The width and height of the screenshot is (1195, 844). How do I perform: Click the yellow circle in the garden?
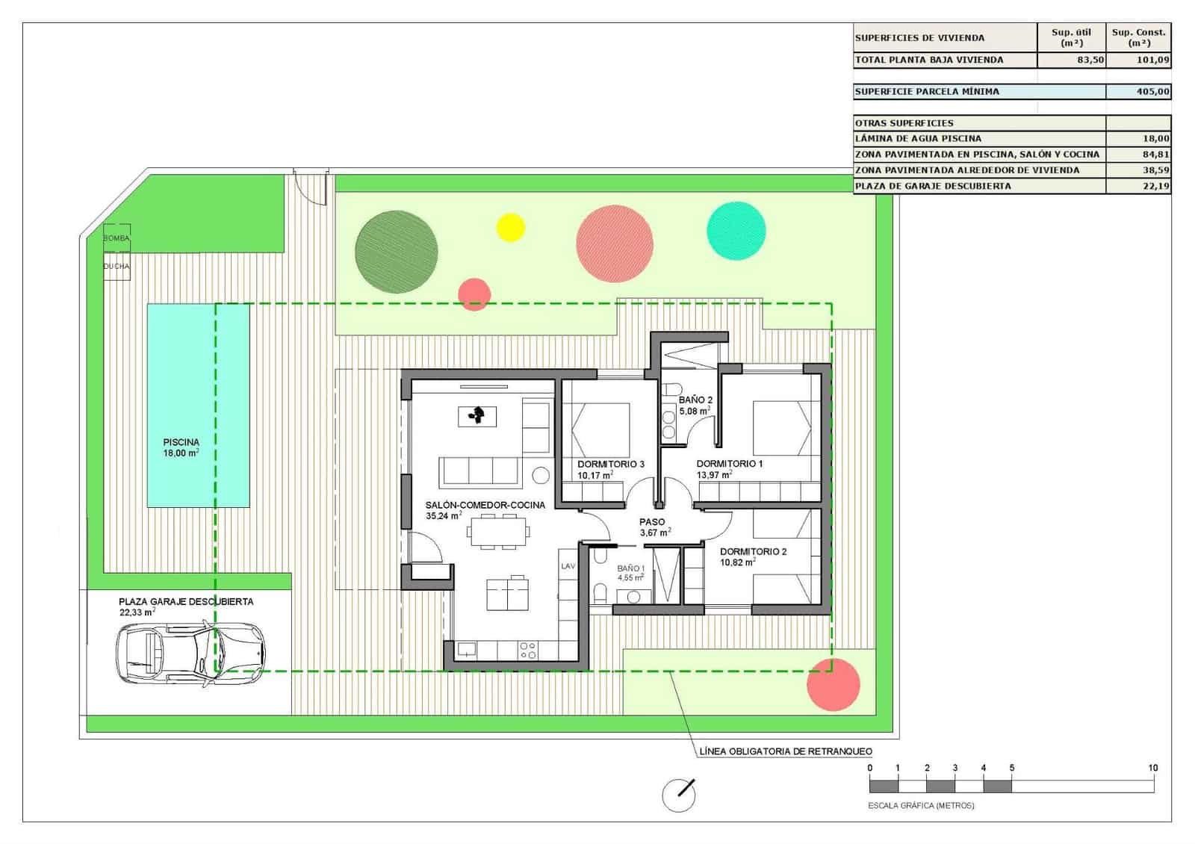pyautogui.click(x=511, y=227)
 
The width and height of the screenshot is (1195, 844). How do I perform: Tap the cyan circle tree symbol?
pyautogui.click(x=736, y=231)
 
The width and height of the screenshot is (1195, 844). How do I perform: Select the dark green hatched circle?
pyautogui.click(x=396, y=251)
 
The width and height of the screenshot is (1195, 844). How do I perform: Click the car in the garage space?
pyautogui.click(x=191, y=654)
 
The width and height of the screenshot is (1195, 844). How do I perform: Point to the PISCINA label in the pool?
pyautogui.click(x=181, y=442)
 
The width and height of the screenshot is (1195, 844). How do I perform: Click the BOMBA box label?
pyautogui.click(x=117, y=238)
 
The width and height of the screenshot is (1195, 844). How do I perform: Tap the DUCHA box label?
pyautogui.click(x=117, y=266)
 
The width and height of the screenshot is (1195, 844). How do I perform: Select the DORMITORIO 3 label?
pyautogui.click(x=610, y=464)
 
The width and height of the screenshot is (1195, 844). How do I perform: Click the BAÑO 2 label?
pyautogui.click(x=695, y=400)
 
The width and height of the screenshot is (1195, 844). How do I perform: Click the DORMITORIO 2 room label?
pyautogui.click(x=753, y=552)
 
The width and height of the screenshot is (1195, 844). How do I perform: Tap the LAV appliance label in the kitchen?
pyautogui.click(x=568, y=566)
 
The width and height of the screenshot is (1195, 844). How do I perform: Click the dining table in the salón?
pyautogui.click(x=498, y=532)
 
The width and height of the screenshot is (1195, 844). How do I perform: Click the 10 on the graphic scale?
pyautogui.click(x=1152, y=768)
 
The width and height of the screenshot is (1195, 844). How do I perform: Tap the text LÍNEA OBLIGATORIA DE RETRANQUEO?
pyautogui.click(x=786, y=751)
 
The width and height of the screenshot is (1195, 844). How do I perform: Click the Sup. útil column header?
pyautogui.click(x=1071, y=37)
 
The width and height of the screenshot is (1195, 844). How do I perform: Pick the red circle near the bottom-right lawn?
pyautogui.click(x=834, y=684)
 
